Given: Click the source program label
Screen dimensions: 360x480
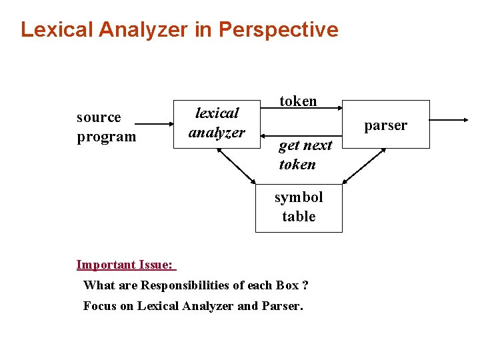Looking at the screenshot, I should point(105,127).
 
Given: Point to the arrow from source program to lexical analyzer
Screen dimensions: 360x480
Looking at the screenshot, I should point(154,124).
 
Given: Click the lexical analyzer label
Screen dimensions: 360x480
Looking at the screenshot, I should point(217,123).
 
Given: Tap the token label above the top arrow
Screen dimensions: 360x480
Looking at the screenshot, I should point(298,101).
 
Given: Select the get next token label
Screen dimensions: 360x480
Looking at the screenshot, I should point(305,155).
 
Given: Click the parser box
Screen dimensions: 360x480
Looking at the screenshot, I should point(385,125).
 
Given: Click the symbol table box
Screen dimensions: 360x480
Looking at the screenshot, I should point(299,207).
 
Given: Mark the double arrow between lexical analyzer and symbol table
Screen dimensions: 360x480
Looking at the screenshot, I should point(237,165).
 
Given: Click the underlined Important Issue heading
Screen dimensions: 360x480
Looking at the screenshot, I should point(125,265).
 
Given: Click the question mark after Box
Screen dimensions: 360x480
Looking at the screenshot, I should point(305,285).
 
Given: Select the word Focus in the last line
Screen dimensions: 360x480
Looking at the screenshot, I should point(99,306).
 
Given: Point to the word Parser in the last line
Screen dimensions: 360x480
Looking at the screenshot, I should point(282,306).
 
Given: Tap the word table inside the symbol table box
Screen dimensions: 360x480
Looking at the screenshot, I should point(299,216).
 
